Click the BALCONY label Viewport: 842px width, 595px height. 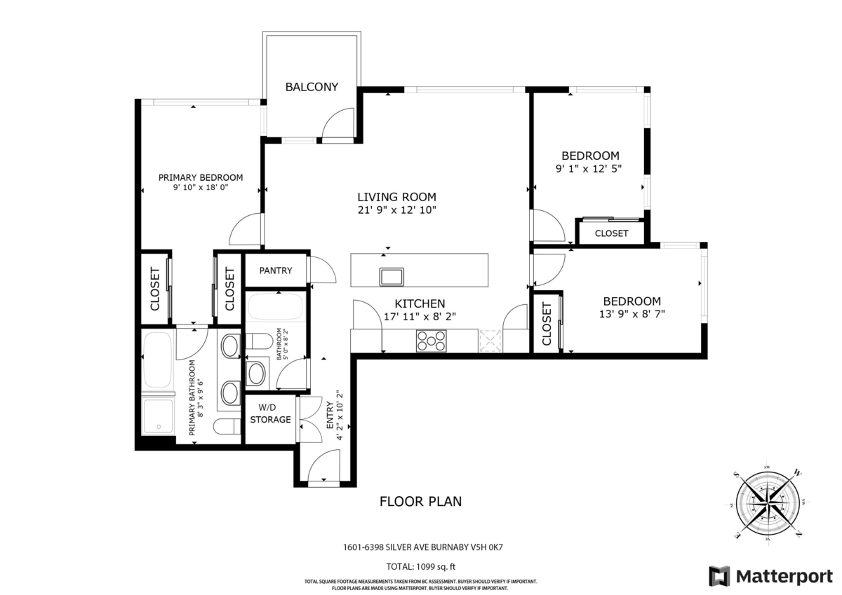(312, 87)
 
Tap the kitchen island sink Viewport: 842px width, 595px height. (392, 276)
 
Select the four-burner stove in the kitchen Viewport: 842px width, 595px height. (431, 341)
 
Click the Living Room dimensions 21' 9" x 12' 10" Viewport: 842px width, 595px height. (396, 210)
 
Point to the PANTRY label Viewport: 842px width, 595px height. (275, 271)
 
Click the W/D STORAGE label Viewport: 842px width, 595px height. (270, 413)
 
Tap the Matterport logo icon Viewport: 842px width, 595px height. (719, 576)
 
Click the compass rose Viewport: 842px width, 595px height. (768, 502)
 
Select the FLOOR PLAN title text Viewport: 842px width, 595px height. (420, 502)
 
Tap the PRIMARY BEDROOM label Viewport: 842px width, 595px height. (200, 177)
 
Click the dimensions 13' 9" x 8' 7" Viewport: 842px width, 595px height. (632, 315)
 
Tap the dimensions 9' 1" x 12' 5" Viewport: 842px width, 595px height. (589, 169)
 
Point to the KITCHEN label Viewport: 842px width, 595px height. (420, 303)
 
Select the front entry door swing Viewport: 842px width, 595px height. (324, 466)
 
